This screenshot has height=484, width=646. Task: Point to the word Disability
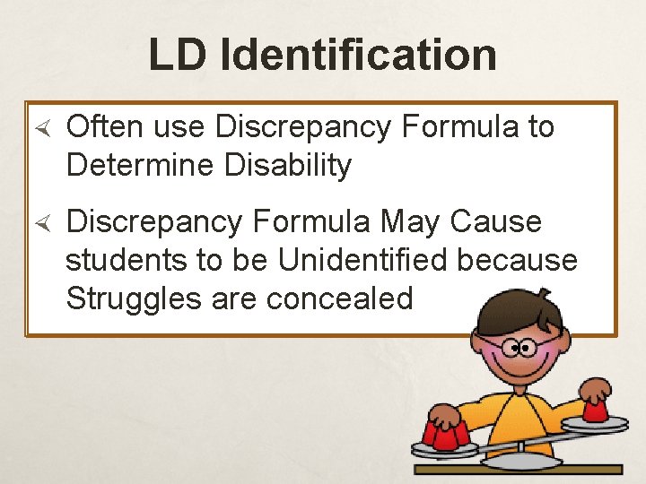click(x=294, y=166)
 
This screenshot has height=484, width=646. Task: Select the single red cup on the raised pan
click(x=595, y=409)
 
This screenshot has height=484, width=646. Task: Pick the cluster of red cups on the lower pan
click(x=445, y=436)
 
